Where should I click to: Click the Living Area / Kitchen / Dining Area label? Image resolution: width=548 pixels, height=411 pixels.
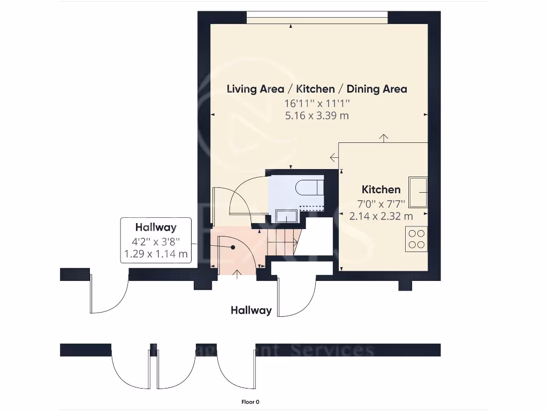(317, 89)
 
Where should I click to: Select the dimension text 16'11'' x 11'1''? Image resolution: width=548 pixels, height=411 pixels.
(317, 103)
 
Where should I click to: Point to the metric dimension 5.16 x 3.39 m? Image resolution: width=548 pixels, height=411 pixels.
(317, 115)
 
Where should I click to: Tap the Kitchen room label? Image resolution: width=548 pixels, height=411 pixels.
(381, 189)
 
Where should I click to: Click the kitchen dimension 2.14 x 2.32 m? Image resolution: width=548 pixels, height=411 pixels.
(381, 216)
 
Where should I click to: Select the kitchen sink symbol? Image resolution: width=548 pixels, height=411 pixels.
(418, 192)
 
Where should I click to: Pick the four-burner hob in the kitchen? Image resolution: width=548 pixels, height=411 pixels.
(416, 239)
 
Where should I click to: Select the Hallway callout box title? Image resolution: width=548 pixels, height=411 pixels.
(156, 227)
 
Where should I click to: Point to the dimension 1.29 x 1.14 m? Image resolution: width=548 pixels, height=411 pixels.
(156, 254)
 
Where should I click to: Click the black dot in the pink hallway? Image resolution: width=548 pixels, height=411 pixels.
(233, 247)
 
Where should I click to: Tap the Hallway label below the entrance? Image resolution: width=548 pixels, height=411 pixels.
(251, 310)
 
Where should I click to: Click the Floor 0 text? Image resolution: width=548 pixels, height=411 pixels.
(250, 402)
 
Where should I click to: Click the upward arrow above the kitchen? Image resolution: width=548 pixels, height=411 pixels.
(384, 138)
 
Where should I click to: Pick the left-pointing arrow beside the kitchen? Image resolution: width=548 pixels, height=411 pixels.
(334, 157)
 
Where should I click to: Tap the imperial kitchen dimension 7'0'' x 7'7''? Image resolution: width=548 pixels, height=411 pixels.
(381, 203)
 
